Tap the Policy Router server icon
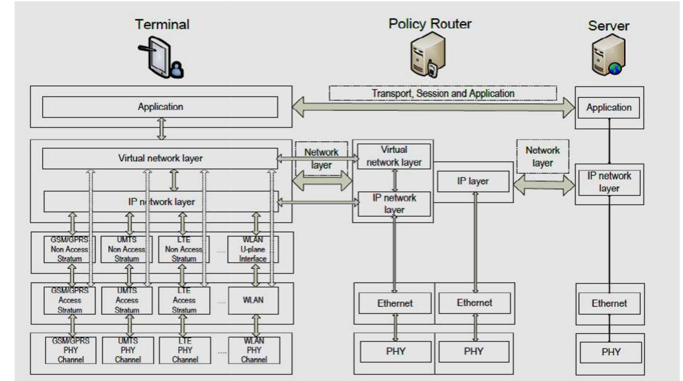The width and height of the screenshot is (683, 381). [x=428, y=55]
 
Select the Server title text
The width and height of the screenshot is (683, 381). [x=609, y=26]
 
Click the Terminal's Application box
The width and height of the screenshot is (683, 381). [x=160, y=107]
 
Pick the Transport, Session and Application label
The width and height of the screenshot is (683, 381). [x=443, y=93]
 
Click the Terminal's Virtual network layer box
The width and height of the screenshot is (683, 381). [x=160, y=158]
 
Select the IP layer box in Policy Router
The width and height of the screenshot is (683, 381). [x=473, y=181]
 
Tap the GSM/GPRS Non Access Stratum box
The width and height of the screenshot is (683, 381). [x=69, y=250]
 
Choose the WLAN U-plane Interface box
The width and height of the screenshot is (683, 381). [x=253, y=250]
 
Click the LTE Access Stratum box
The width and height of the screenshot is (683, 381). [x=184, y=300]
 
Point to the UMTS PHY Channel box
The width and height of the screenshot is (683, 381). [x=128, y=350]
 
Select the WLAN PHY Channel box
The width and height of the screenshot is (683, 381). [x=254, y=350]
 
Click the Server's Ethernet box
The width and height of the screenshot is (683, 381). [x=609, y=303]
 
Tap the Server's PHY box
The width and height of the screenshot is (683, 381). [x=611, y=352]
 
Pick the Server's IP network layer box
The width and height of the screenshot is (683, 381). [x=609, y=182]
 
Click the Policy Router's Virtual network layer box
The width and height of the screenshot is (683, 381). [x=394, y=156]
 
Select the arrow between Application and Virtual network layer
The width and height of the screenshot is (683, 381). [x=162, y=128]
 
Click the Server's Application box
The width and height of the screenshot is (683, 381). [x=609, y=108]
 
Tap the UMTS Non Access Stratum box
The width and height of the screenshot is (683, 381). [x=127, y=250]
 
